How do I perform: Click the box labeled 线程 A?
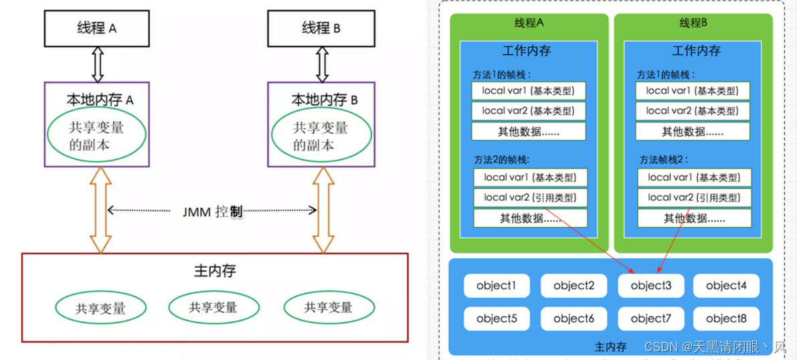coord(96,28)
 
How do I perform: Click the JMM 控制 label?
coord(212,211)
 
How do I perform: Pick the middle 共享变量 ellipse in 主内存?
coord(213,307)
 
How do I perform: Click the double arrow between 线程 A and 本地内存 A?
coord(97,64)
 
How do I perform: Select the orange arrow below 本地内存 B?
coord(324,209)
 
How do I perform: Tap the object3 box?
coord(650,286)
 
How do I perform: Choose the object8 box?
coord(726,319)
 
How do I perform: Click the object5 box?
coord(497,319)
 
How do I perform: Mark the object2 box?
coord(574,286)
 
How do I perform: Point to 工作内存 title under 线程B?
coord(696,51)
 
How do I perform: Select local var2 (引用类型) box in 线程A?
coord(530,197)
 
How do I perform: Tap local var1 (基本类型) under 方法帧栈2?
coord(693,177)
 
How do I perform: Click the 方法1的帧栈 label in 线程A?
coord(501,74)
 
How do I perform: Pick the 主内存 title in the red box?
coord(215,271)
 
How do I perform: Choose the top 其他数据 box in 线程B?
coord(693,131)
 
